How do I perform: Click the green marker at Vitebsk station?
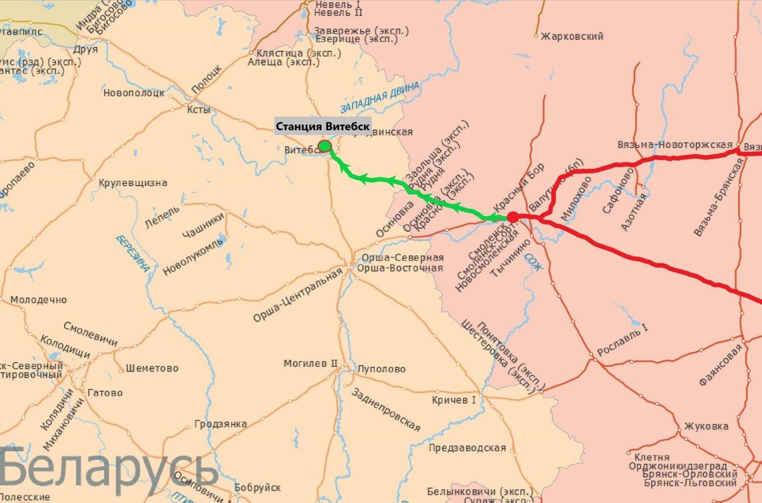[x=324, y=146]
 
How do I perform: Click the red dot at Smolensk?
[x=513, y=217]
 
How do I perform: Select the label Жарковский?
[x=572, y=36]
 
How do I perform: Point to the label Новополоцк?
[x=133, y=93]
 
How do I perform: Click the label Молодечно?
[x=39, y=300]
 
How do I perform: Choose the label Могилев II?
[x=310, y=363]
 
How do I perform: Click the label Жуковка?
[x=706, y=426]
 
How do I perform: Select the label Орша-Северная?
[x=400, y=257]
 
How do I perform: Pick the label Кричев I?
[x=454, y=400]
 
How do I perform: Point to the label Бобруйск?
[x=258, y=488]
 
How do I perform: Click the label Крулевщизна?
[x=133, y=183]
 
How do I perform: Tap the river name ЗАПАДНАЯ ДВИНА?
[x=380, y=98]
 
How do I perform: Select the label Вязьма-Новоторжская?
[x=674, y=145]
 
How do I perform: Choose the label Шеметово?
[x=152, y=369]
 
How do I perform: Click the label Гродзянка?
[x=221, y=425]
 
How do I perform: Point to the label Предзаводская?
[x=467, y=448]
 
